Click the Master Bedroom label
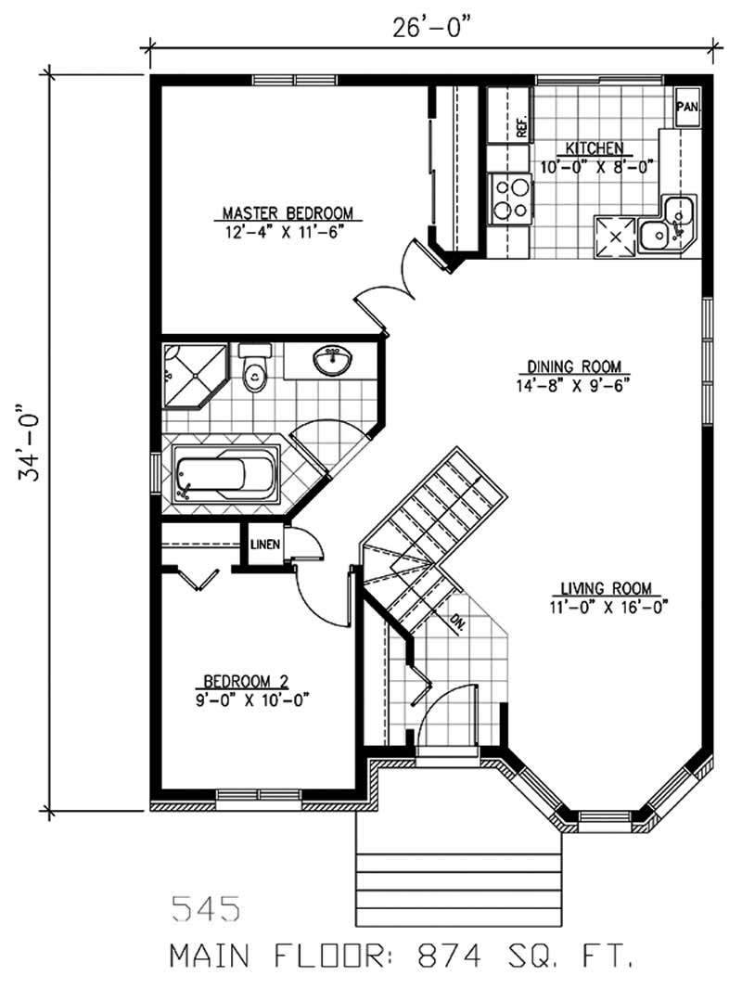tap(288, 213)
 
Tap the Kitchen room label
tap(595, 148)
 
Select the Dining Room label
tap(574, 366)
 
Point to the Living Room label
tap(606, 588)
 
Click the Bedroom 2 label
tap(246, 681)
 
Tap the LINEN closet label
tap(265, 544)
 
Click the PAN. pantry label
tap(687, 107)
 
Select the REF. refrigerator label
tap(521, 128)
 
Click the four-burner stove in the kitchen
tap(511, 199)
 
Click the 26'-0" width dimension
tap(432, 29)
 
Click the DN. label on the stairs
tap(458, 622)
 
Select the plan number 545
tap(206, 908)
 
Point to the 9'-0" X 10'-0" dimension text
tap(253, 700)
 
